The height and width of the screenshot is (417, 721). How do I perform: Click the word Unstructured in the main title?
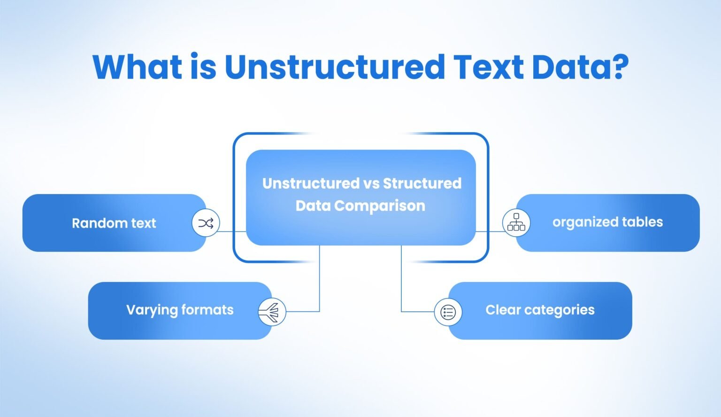click(x=335, y=67)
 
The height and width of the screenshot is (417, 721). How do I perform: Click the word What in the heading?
click(x=137, y=67)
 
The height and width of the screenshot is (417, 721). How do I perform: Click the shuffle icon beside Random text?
click(x=206, y=223)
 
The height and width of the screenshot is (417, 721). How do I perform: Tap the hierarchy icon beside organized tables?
click(x=516, y=222)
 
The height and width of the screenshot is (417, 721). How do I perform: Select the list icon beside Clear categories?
click(x=448, y=312)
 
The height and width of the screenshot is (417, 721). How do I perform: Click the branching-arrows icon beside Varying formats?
click(x=272, y=312)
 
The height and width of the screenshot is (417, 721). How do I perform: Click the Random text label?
click(x=114, y=223)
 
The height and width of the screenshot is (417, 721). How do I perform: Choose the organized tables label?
click(x=607, y=222)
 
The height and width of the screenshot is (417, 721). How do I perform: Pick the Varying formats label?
click(x=180, y=310)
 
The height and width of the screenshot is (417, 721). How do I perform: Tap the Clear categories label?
click(x=540, y=310)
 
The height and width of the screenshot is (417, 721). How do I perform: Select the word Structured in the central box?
click(x=422, y=183)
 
